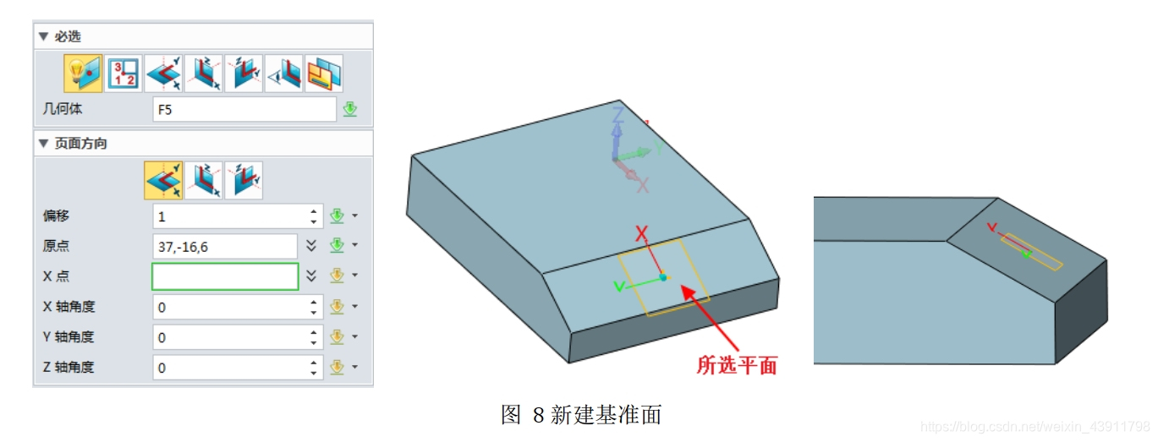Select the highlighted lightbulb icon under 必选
(x=83, y=74)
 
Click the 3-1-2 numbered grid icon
(x=123, y=74)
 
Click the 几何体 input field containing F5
(x=244, y=110)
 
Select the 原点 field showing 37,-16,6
(x=225, y=247)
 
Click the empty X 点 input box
(x=225, y=276)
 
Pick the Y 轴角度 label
(x=69, y=337)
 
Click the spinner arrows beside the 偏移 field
(x=314, y=216)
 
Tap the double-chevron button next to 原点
(x=311, y=246)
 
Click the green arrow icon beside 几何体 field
(x=350, y=110)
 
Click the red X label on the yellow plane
(x=642, y=232)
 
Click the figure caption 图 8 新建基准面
(x=580, y=415)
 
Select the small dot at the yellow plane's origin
(x=663, y=276)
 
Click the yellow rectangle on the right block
(x=1031, y=252)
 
